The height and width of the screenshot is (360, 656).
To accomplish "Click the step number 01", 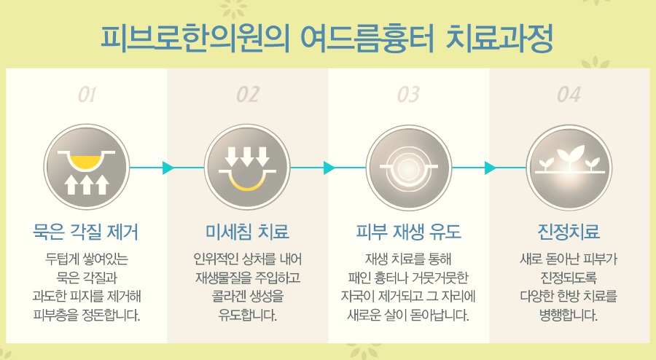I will click(x=87, y=94).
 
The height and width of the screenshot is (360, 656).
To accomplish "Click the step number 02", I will click(x=247, y=94).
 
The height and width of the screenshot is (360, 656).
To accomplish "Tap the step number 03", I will click(x=408, y=94).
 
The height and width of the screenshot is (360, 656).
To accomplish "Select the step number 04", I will click(x=569, y=94).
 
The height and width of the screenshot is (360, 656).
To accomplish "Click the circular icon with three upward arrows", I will click(x=87, y=168).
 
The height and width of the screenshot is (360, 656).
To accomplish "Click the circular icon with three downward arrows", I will click(x=247, y=168).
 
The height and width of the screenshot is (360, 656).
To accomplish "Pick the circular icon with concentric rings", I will click(x=408, y=168).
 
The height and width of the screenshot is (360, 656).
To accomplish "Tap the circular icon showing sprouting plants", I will click(x=569, y=168).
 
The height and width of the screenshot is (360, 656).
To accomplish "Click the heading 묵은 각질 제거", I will click(x=87, y=232).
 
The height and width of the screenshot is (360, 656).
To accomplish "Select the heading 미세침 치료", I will click(x=247, y=232).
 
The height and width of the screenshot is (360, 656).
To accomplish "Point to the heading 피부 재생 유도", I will click(x=408, y=232).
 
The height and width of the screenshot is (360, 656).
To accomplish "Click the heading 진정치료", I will click(x=569, y=232).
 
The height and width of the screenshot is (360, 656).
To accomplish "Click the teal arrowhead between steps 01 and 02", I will click(x=168, y=168).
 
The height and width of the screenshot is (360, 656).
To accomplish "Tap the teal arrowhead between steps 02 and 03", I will click(x=329, y=168).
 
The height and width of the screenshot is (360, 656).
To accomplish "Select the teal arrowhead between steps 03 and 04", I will click(x=490, y=168).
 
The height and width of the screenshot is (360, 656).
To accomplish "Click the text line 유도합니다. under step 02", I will click(x=247, y=316).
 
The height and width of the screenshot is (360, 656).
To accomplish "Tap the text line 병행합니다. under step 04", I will click(x=569, y=316).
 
